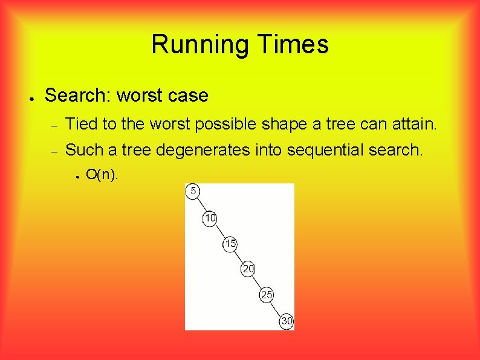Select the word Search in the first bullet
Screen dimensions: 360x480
click(x=77, y=96)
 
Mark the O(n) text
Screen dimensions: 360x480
click(x=102, y=175)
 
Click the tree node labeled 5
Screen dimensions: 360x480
click(x=193, y=191)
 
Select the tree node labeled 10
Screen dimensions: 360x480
click(x=210, y=218)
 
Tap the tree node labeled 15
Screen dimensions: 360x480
click(x=230, y=244)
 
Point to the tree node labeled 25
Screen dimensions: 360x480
click(x=267, y=295)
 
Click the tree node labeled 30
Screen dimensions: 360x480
click(x=286, y=321)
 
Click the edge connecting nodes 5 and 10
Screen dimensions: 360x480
click(x=201, y=205)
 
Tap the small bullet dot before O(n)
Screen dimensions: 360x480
click(x=78, y=177)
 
